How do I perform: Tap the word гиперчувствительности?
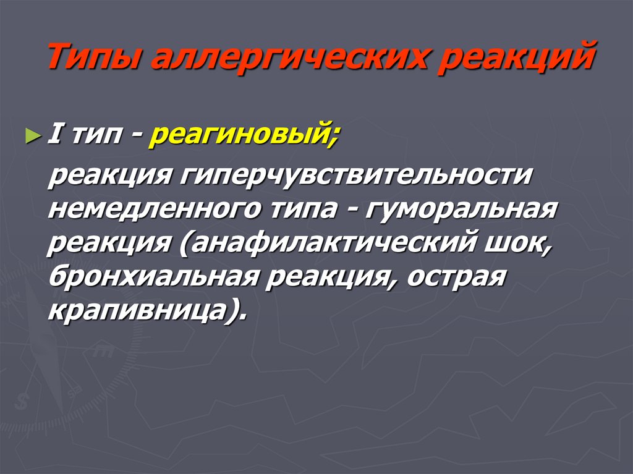(356, 176)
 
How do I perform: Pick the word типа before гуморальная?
(303, 209)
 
